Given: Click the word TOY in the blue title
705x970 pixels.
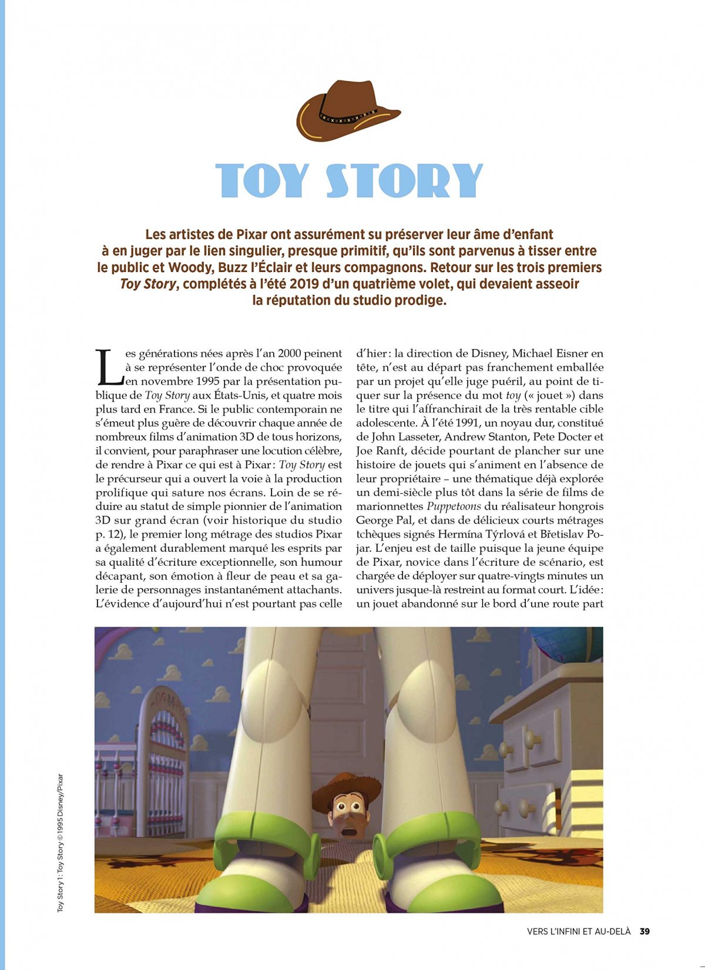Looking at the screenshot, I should coord(262,180).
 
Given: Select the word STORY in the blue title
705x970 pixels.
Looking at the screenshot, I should coord(404,180).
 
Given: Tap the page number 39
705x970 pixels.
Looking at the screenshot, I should coord(644,931).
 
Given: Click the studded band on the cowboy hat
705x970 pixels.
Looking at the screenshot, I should coord(349,119).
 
